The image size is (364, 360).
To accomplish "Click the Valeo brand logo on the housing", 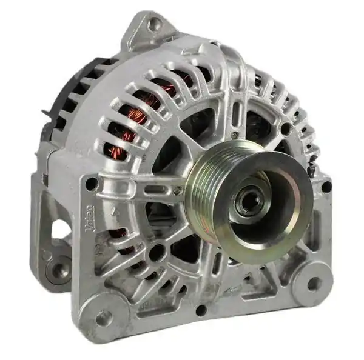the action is (x=90, y=219).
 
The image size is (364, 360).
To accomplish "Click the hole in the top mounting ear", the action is (x=155, y=24).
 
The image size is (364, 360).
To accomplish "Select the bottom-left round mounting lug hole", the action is (x=102, y=316).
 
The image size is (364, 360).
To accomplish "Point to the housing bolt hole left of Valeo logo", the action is (x=91, y=183).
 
